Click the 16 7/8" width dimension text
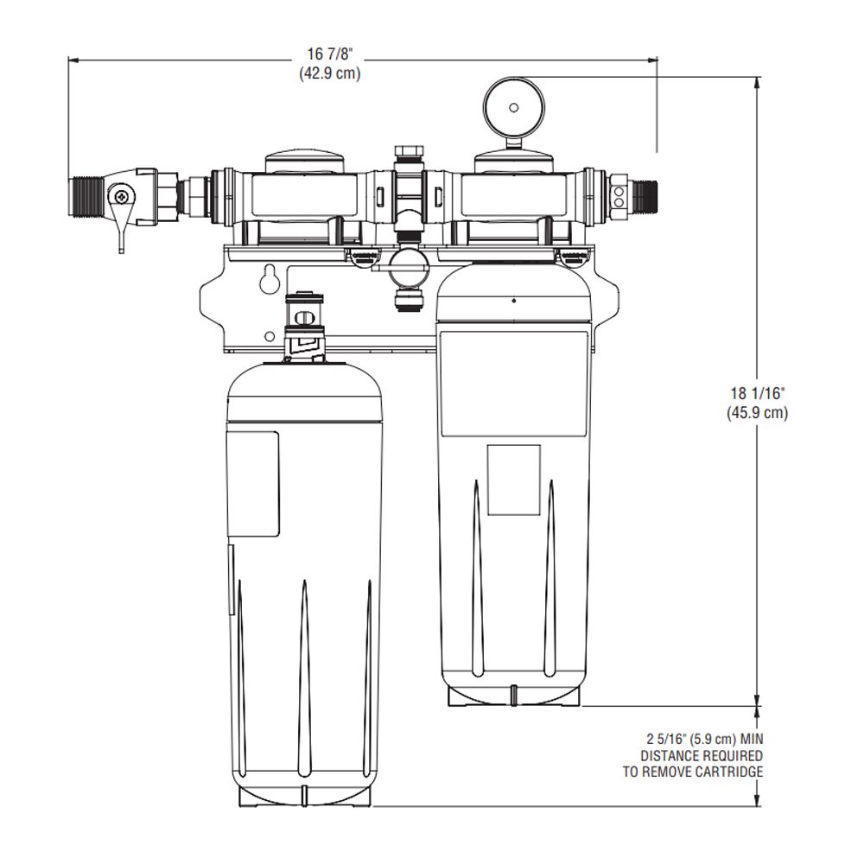(329, 54)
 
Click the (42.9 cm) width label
(329, 73)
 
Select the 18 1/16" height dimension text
(757, 393)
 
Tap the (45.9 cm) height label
(757, 412)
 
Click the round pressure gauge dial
(513, 107)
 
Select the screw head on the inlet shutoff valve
(122, 195)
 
